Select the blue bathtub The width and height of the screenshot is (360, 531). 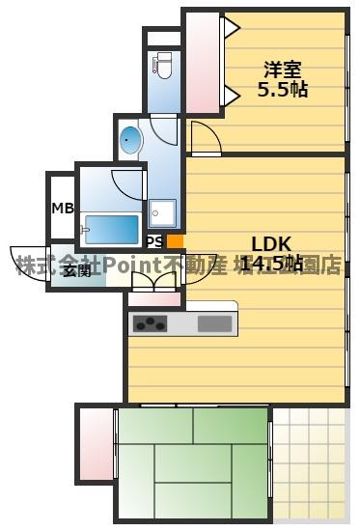[x=110, y=229]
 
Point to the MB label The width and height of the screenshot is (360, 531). [x=62, y=208]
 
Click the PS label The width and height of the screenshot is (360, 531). [x=154, y=241]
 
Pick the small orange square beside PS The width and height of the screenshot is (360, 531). [x=174, y=241]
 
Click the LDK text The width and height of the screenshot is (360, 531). [x=271, y=243]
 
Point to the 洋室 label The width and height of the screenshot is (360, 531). [x=284, y=70]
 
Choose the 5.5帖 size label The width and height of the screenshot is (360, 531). [x=283, y=90]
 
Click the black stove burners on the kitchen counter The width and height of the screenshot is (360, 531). [x=151, y=323]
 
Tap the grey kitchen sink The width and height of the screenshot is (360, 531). [x=214, y=323]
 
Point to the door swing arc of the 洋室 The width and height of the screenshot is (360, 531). [x=203, y=139]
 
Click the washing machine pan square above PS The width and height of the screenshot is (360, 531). [x=161, y=213]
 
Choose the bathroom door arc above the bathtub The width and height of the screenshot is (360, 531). [x=127, y=183]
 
